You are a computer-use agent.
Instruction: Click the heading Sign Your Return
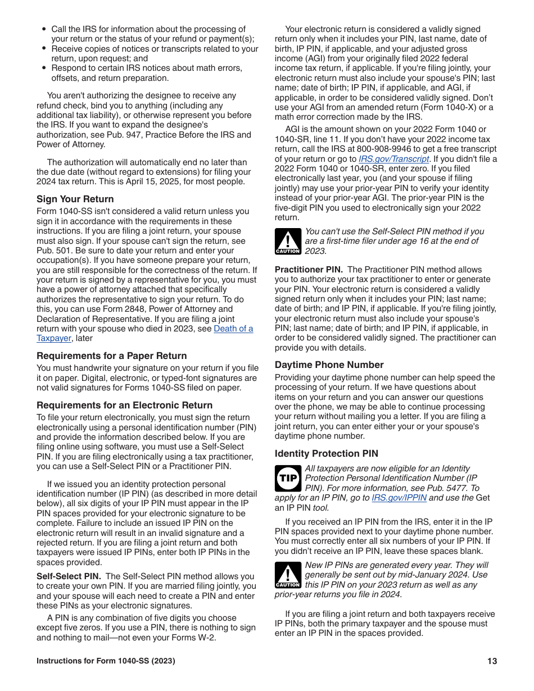click(x=75, y=199)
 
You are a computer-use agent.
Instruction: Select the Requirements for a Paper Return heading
click(x=111, y=356)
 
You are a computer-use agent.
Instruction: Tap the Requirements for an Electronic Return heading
click(x=124, y=405)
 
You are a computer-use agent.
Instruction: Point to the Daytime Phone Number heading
click(x=329, y=365)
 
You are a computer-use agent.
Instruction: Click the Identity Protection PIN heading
click(x=326, y=453)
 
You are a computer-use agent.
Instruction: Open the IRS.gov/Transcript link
click(x=393, y=159)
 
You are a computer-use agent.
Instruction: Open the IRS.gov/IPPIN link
click(x=399, y=498)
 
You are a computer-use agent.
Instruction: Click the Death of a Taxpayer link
click(x=233, y=329)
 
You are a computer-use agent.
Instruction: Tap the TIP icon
click(x=288, y=478)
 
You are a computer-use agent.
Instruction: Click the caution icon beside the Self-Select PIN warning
click(x=288, y=241)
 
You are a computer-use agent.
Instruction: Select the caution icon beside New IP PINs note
click(x=288, y=575)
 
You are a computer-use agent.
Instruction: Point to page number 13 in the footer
click(x=492, y=661)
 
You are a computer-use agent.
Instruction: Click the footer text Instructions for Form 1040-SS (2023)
click(x=106, y=661)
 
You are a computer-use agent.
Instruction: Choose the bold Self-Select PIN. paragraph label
click(x=69, y=576)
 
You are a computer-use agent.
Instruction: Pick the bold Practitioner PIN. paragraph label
click(x=309, y=270)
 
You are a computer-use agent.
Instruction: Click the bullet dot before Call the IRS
click(x=44, y=29)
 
